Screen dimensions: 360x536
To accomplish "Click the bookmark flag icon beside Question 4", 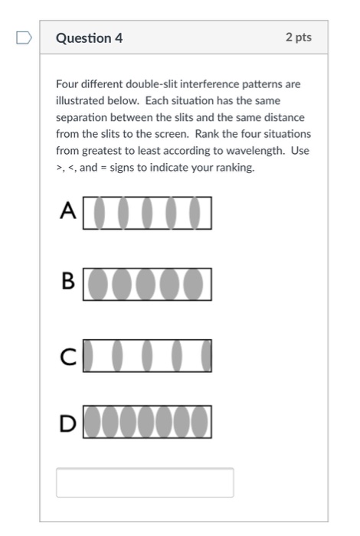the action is tap(22, 38).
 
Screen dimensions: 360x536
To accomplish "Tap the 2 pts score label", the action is tap(298, 38).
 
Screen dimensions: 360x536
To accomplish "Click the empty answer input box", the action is tap(145, 482).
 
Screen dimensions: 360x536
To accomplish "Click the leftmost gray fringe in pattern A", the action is tap(99, 213).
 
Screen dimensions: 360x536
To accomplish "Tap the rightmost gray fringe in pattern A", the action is tap(195, 213).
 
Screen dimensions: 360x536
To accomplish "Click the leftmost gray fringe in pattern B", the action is tap(96, 284).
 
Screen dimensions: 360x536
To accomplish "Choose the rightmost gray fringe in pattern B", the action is tap(195, 284).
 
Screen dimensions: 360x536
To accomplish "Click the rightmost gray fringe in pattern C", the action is tap(206, 355).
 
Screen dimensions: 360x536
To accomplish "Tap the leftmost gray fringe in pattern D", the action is tap(92, 421).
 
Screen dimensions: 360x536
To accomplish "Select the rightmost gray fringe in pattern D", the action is tap(201, 421).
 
